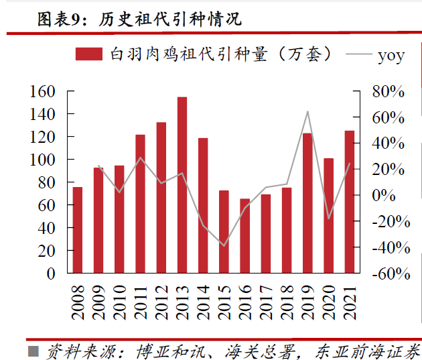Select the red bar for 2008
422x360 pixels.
78,230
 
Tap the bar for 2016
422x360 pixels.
244,236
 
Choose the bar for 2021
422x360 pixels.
349,202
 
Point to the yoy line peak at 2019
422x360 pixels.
307,111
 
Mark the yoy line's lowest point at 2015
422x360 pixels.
224,245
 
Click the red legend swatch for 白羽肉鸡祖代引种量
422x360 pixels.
88,54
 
